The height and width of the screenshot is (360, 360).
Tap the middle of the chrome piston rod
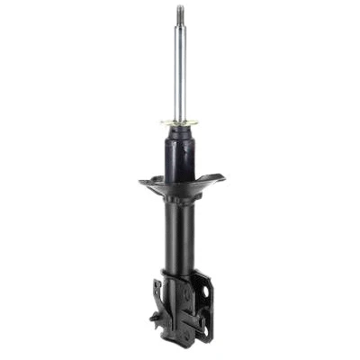tap(180, 72)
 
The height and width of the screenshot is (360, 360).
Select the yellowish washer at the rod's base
tap(180, 123)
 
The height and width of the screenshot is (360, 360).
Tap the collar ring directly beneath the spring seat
tap(180, 199)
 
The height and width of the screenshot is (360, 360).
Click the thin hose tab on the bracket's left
tap(157, 290)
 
